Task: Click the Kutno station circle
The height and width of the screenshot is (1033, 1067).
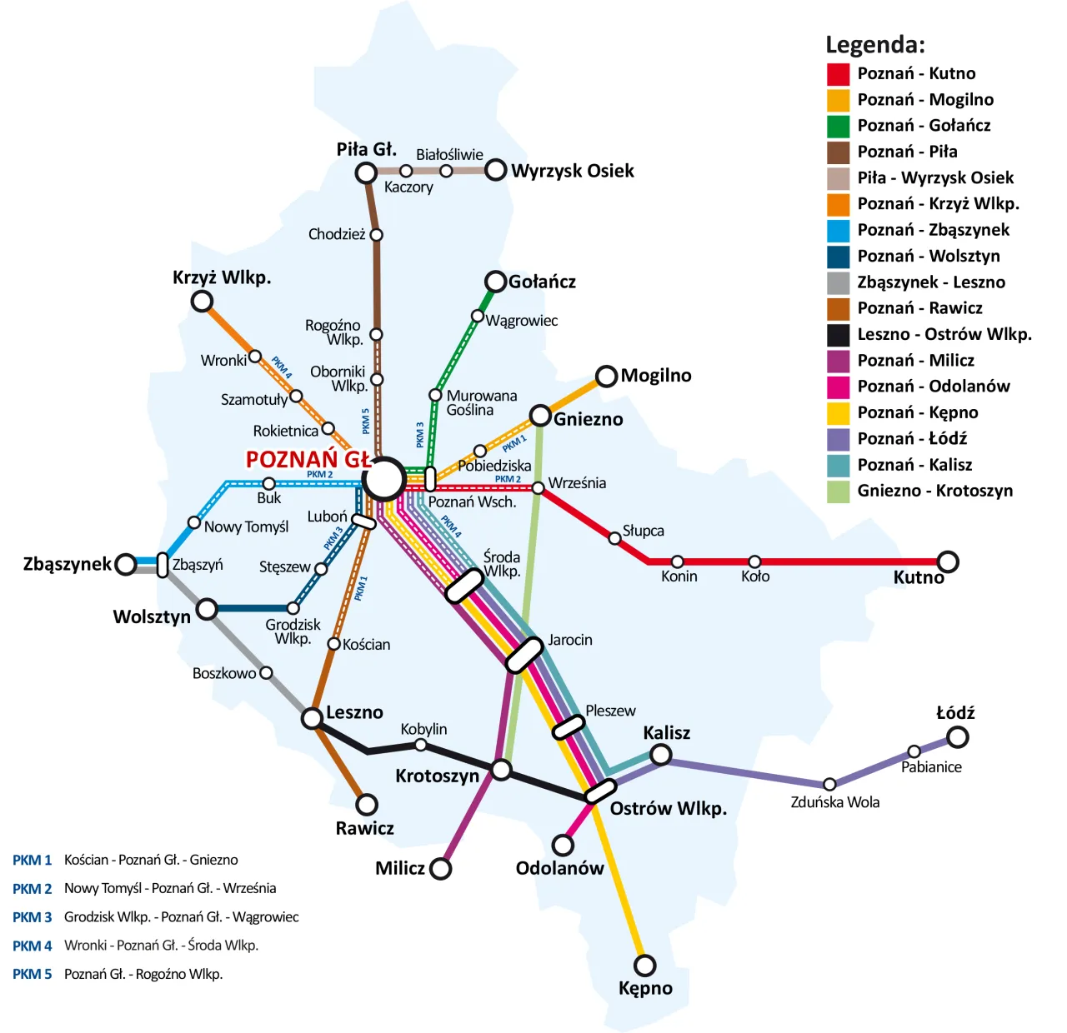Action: (x=948, y=561)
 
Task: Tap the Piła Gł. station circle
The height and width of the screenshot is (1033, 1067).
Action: (x=366, y=172)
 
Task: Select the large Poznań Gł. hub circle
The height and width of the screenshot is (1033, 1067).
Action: (x=384, y=480)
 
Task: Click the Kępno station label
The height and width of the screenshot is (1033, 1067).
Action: (x=645, y=988)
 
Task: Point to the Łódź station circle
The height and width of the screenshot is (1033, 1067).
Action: (x=958, y=736)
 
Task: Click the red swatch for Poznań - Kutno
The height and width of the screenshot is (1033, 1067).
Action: (x=838, y=74)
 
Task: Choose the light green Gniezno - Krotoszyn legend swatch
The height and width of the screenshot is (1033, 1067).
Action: (x=838, y=492)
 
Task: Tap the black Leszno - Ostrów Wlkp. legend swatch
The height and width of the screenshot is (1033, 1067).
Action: (x=838, y=335)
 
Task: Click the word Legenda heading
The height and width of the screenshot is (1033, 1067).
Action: (x=874, y=44)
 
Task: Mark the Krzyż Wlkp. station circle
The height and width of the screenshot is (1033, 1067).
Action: (x=202, y=301)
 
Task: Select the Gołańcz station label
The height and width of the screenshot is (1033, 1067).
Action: (x=542, y=282)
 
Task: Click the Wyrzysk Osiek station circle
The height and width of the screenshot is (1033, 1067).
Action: (x=496, y=170)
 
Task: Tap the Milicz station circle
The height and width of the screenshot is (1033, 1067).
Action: (x=440, y=869)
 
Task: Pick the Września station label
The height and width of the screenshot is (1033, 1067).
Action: (x=577, y=483)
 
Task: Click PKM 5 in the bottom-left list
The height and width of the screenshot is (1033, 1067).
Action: (x=32, y=974)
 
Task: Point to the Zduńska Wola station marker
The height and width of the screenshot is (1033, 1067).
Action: (x=829, y=784)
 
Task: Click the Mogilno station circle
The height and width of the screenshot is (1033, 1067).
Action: (x=607, y=376)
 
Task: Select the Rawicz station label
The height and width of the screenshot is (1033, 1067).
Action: (x=364, y=828)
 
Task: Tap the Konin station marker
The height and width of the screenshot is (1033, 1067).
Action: (x=678, y=562)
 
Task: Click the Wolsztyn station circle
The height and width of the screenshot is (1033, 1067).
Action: (x=207, y=609)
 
